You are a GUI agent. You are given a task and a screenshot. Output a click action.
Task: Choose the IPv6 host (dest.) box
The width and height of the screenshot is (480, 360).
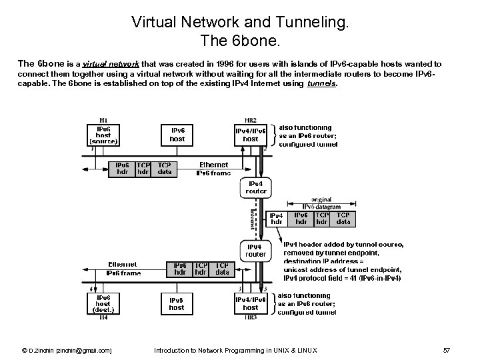[103, 304]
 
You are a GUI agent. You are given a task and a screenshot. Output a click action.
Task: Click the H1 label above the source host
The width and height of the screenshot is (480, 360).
[103, 119]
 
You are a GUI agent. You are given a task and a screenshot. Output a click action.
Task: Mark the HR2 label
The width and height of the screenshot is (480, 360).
[250, 119]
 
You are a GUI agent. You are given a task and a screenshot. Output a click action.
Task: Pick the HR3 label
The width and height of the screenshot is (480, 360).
[250, 318]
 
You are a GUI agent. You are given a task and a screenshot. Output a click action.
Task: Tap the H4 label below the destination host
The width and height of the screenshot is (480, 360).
[103, 318]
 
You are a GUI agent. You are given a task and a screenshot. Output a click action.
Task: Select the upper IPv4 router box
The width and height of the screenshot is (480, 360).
[256, 187]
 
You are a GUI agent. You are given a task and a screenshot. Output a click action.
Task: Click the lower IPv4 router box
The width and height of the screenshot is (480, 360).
[256, 250]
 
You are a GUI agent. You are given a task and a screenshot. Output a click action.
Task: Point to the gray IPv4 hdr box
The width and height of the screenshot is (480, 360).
[276, 219]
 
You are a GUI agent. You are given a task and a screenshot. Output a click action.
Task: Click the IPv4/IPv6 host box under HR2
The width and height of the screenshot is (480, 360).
[250, 135]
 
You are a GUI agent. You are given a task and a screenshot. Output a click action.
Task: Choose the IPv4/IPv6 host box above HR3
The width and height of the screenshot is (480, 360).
[250, 303]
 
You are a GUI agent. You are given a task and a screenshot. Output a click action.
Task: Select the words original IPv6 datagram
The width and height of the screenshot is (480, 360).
[321, 203]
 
